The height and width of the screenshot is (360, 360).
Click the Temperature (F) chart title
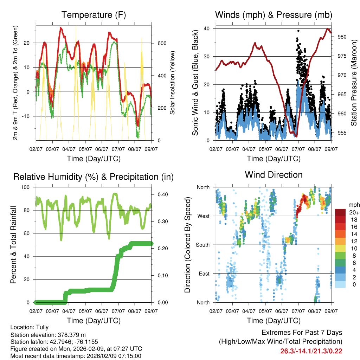94,15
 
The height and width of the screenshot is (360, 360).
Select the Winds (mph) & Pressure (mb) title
274,15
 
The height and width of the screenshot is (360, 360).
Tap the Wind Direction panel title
274,175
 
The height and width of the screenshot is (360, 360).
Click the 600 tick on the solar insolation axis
162,43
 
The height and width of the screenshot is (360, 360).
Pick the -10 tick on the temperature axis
28,116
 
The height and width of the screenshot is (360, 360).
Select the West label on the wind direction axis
204,216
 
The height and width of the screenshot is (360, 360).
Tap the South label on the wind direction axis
203,245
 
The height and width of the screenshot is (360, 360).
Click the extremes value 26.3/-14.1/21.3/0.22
311,351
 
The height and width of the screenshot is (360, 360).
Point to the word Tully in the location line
42,327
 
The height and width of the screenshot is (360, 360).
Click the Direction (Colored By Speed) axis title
187,245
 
